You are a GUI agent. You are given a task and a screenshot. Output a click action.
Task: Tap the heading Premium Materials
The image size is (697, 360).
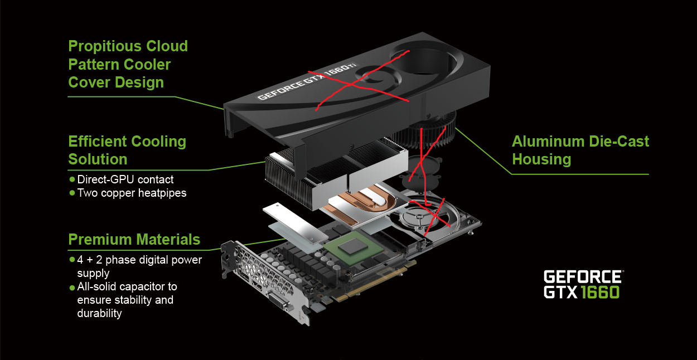pyautogui.click(x=134, y=240)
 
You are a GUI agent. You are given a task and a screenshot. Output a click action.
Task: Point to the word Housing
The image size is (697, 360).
pyautogui.click(x=541, y=159)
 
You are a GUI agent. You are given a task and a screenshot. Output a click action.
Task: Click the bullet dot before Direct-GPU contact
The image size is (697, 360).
pyautogui.click(x=72, y=179)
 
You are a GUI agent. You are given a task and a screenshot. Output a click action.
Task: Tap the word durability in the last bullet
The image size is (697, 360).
pyautogui.click(x=99, y=313)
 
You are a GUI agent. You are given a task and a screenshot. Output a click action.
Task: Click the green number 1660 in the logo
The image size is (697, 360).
pyautogui.click(x=600, y=292)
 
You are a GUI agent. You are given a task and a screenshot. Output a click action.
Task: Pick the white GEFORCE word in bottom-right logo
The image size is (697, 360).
pyautogui.click(x=583, y=276)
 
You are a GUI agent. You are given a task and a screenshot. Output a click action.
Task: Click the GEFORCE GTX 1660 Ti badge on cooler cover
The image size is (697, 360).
pyautogui.click(x=307, y=81)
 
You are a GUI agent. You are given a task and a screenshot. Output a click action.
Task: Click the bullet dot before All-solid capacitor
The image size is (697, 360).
pyautogui.click(x=72, y=288)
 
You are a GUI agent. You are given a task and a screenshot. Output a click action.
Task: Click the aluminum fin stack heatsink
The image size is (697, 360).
pyautogui.click(x=336, y=174)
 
